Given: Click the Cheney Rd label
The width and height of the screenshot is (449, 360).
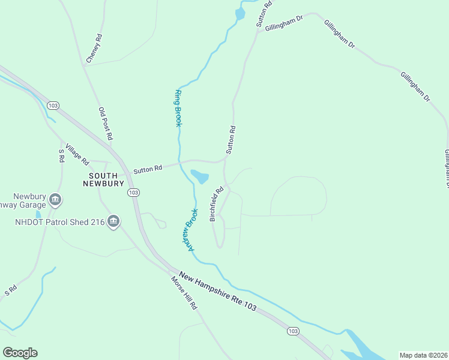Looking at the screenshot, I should click(94, 49).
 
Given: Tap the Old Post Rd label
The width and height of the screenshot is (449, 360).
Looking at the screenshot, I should click(106, 124).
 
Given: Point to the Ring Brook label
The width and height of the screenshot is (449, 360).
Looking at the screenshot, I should click(178, 108).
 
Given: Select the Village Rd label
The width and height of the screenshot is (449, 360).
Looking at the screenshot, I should click(77, 155).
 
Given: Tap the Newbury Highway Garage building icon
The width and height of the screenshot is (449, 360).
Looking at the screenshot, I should click(55, 199).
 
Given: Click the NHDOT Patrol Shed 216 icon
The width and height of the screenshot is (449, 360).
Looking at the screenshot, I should click(113, 223).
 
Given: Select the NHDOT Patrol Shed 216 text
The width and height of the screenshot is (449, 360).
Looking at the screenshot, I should click(59, 223).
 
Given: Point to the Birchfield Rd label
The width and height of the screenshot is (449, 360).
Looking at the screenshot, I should click(217, 204).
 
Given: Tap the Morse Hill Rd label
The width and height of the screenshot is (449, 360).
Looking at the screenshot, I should click(184, 293).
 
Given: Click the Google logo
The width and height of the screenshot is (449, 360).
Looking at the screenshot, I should click(20, 353).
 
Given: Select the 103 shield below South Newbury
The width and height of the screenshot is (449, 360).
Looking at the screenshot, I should click(133, 193).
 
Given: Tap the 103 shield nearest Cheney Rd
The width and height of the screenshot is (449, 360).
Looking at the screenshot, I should click(53, 106).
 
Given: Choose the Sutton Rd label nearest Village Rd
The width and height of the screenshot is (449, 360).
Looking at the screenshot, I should click(148, 170).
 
